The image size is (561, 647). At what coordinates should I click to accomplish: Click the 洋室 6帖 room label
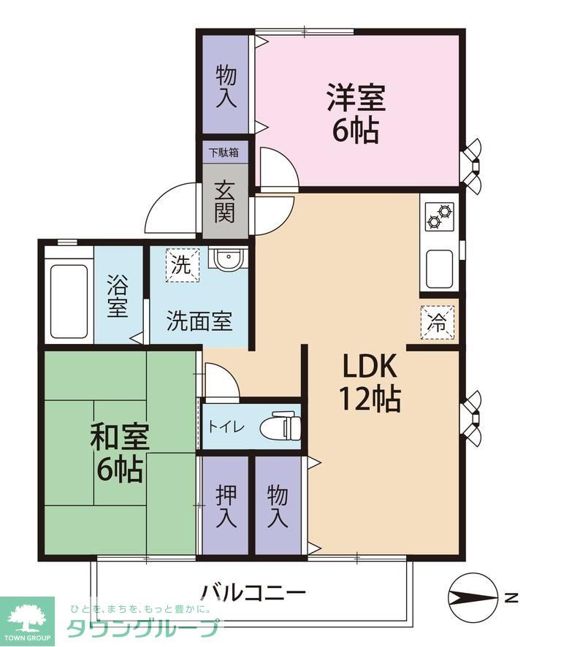[x=356, y=113]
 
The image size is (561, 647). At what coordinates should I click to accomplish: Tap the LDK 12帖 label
[x=368, y=381]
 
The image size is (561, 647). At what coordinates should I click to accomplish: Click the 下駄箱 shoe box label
[x=224, y=153]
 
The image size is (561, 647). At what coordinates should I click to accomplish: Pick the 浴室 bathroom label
[x=117, y=296]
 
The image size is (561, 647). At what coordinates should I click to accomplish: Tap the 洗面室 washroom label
[x=199, y=321]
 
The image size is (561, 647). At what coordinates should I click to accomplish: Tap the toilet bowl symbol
[x=283, y=425]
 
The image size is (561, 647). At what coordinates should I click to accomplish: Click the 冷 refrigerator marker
[x=437, y=322]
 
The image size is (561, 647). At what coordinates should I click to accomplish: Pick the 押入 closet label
[x=225, y=505]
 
